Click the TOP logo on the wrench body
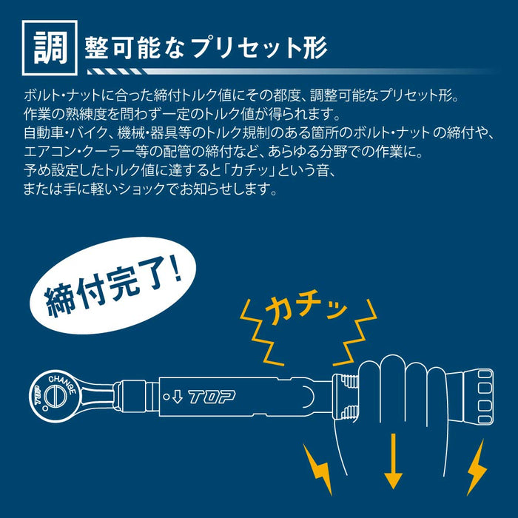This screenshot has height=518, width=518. (212, 397)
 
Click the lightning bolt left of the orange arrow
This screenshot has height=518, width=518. (317, 467)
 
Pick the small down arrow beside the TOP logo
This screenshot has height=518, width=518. (177, 397)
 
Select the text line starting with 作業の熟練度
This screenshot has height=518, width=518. (181, 116)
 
